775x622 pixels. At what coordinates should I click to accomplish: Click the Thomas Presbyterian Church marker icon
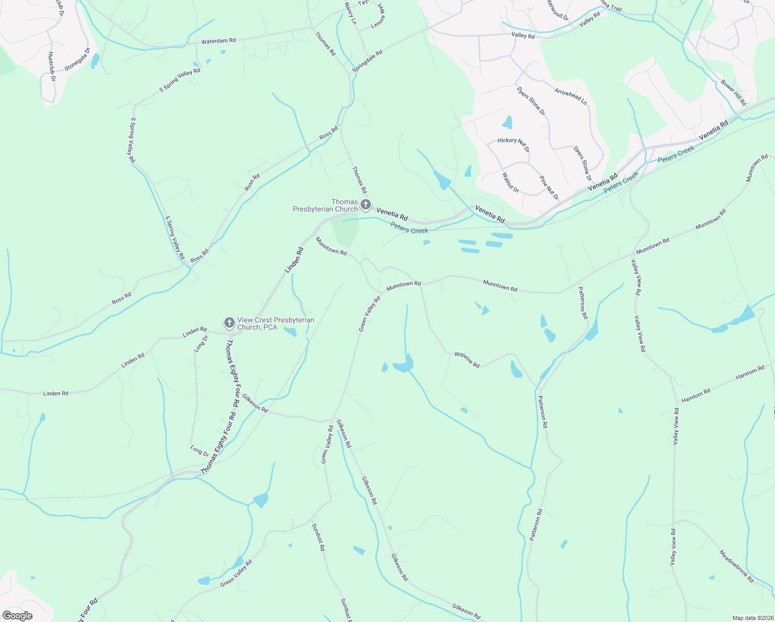tap(365, 205)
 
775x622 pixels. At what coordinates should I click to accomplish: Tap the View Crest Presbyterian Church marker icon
tap(229, 323)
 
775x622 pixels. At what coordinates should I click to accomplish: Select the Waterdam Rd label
tap(219, 40)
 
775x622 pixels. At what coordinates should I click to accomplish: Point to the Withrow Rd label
tap(467, 360)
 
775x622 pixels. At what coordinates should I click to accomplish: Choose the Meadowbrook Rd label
tap(737, 566)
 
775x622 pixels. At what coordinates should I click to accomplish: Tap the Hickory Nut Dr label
tap(513, 144)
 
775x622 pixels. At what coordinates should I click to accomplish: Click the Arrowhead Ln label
tap(570, 96)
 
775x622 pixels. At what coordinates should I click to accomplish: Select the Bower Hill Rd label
tap(733, 92)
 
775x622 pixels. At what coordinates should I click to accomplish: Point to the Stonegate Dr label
tap(77, 60)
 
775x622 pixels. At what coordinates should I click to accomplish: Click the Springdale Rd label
tap(367, 61)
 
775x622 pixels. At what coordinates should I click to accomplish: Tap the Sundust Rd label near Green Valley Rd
tap(318, 537)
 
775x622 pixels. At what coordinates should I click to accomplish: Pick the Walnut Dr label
tap(510, 182)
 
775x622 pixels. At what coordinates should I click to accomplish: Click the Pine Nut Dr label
tap(549, 188)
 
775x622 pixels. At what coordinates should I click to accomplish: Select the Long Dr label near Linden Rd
tap(201, 344)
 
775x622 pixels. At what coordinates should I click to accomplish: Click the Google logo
tap(18, 616)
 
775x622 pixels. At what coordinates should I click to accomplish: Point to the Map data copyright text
tap(752, 618)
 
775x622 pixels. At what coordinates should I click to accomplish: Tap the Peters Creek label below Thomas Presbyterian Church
tap(409, 228)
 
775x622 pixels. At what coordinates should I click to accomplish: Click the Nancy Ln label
tap(351, 14)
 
